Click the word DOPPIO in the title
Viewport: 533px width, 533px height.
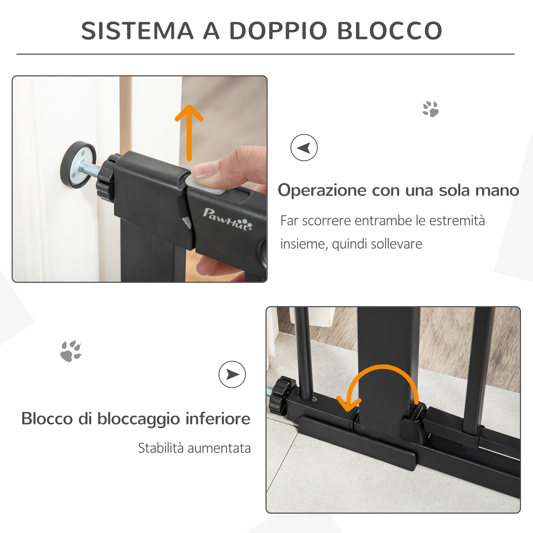[x=278, y=31]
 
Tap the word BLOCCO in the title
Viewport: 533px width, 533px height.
[x=390, y=31]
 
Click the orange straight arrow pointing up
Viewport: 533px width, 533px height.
[x=189, y=132]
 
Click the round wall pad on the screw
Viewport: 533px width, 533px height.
[x=78, y=165]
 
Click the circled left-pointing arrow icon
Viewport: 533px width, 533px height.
[x=304, y=148]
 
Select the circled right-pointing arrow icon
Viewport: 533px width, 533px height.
[x=232, y=374]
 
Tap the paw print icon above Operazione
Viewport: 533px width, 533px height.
[x=430, y=109]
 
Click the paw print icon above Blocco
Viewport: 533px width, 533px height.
[x=71, y=351]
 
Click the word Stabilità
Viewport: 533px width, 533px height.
[x=160, y=448]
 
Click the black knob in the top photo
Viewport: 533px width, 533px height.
[x=105, y=181]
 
